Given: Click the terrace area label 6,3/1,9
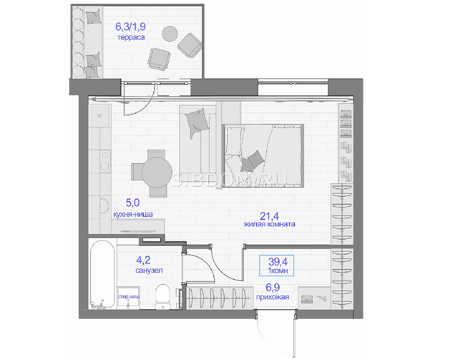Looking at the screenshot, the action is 131,27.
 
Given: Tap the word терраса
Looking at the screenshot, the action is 131,38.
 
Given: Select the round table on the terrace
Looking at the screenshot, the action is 170,34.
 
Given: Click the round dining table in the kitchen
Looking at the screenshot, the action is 157,172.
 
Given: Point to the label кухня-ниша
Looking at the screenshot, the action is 133,214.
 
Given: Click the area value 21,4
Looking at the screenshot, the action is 269,216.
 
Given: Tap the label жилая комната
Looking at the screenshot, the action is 269,224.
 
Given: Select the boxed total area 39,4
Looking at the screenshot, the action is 277,262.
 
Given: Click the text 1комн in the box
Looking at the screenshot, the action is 278,271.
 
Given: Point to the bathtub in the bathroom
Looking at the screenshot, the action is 102,274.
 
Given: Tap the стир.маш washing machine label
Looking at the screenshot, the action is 129,297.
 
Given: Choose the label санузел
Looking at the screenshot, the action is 149,271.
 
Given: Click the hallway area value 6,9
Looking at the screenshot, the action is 272,287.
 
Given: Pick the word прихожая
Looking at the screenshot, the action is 272,297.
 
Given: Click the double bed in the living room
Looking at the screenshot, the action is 263,156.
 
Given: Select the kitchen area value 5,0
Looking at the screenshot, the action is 133,203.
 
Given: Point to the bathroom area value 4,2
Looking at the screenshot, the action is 144,260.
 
